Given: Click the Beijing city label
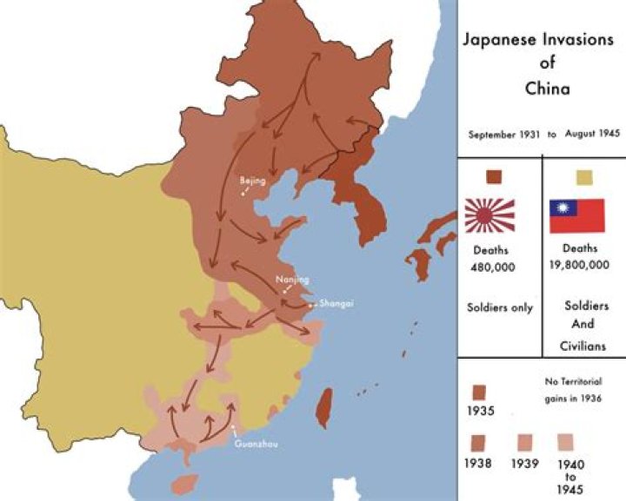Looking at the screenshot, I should [252, 181].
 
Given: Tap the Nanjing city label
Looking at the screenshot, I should [291, 279].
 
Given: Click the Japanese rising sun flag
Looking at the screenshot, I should [489, 215].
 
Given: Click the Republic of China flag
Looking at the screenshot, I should [576, 215].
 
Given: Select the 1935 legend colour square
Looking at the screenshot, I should [480, 391].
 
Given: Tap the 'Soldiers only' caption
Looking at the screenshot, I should [498, 307].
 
